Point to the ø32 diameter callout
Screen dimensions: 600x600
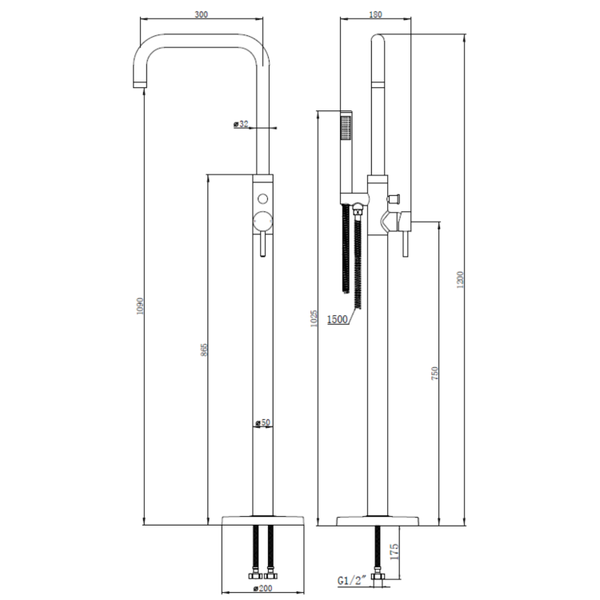241,124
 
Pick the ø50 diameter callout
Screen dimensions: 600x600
262,422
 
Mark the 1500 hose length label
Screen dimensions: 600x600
338,320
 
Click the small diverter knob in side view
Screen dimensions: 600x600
394,196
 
